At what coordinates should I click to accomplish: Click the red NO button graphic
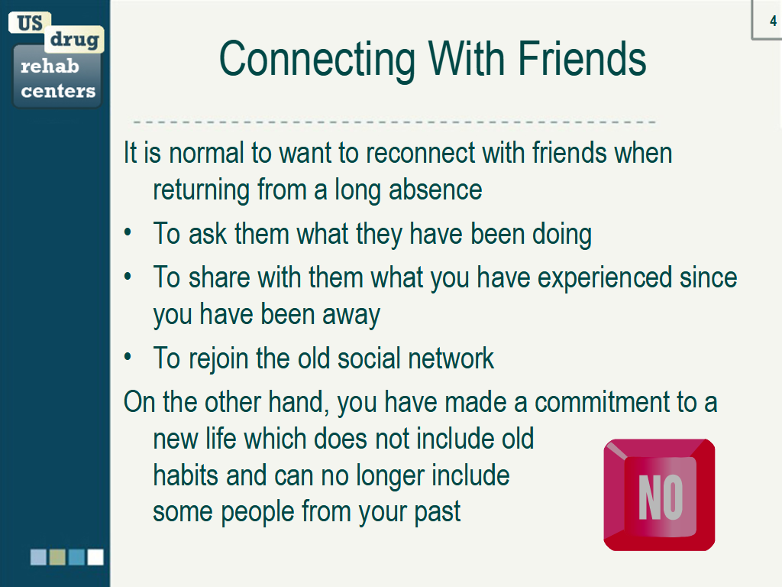[659, 495]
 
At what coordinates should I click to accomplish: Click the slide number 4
[773, 21]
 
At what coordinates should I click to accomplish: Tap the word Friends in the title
[582, 59]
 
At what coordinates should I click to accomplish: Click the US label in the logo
[30, 23]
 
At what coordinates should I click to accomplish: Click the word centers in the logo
[58, 91]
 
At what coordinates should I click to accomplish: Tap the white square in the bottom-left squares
[95, 557]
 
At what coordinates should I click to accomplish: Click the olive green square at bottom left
[57, 557]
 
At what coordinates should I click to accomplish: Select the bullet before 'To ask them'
[128, 232]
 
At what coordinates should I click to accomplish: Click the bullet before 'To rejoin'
[128, 357]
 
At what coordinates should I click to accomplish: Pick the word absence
[435, 190]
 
